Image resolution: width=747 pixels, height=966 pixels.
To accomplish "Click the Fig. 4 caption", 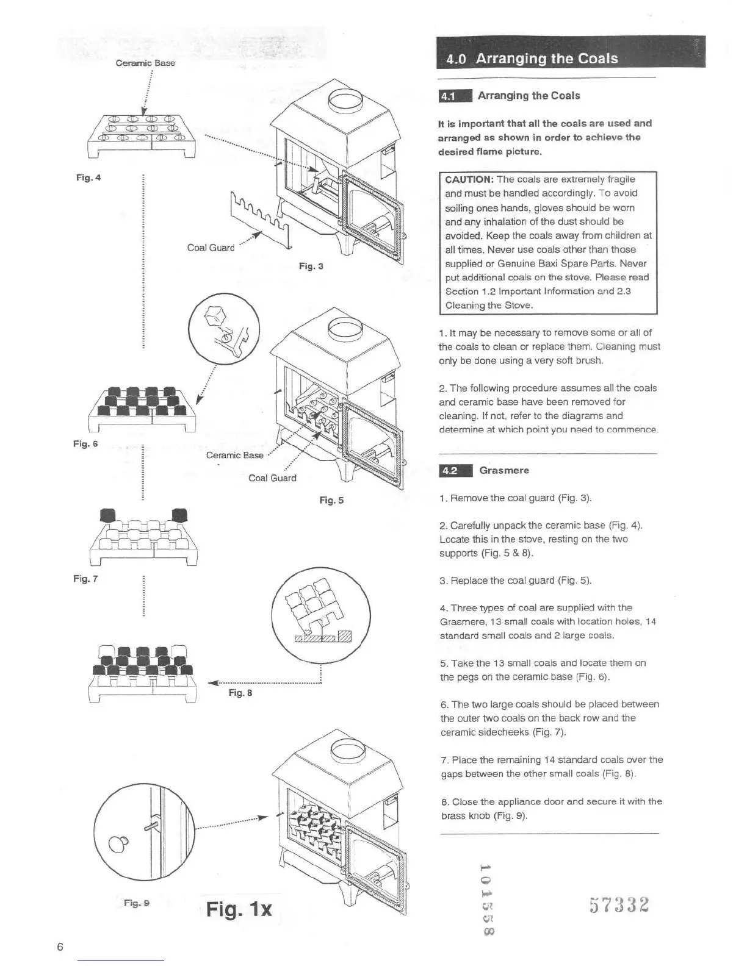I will coord(88,177).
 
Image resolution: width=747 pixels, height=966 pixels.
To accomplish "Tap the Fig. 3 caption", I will coord(311,266).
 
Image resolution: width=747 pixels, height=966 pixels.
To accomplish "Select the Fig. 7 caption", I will coord(85,578).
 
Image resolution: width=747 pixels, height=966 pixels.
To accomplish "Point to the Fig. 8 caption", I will coord(240,692).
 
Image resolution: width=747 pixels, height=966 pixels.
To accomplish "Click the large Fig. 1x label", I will coord(239,909).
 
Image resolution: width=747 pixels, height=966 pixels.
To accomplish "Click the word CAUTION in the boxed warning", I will coord(469,179).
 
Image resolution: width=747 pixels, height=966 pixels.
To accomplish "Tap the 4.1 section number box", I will coord(455,96).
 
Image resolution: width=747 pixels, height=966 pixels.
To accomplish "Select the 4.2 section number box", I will coord(455,470).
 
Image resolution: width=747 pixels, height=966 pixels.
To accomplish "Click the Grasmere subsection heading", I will coord(504,470).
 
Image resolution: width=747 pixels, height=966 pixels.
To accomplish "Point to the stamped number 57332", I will coord(619,904).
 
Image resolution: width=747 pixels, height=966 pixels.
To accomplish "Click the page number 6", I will coord(60,946).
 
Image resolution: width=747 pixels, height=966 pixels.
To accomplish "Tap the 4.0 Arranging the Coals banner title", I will coord(532,59).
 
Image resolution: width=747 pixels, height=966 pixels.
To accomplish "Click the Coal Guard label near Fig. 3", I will coord(211,248).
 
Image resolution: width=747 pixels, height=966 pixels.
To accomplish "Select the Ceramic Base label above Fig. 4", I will coord(145,63).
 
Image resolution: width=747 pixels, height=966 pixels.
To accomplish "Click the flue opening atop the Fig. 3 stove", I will coord(345,100).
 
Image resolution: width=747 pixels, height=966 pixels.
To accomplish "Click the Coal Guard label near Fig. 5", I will coord(272,478).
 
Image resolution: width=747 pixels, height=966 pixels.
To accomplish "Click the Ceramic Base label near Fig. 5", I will coord(234,455).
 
